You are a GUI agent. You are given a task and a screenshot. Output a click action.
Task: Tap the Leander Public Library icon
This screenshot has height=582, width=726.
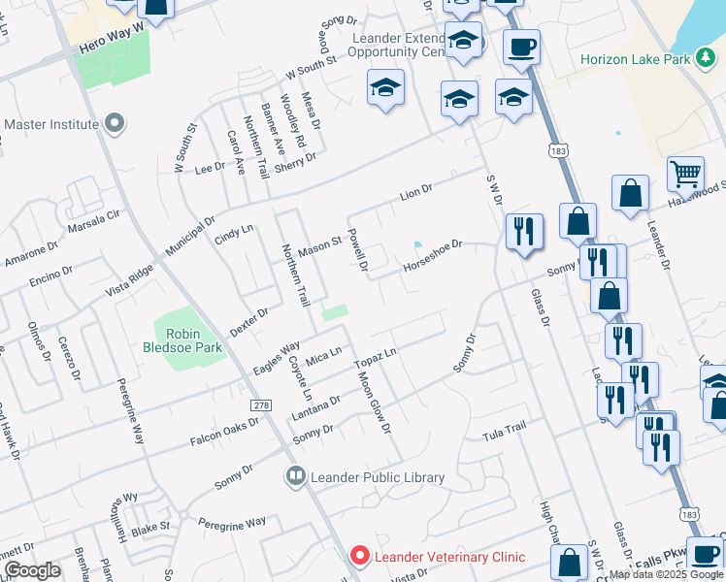(295, 476)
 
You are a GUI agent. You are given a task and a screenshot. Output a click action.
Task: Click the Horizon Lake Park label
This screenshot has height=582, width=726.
(635, 59)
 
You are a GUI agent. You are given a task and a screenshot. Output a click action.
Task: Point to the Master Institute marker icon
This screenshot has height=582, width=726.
(115, 123)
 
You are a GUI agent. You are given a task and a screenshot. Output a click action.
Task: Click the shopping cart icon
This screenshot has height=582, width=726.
(685, 174)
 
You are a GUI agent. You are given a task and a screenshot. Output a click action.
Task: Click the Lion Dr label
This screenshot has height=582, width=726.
(414, 192)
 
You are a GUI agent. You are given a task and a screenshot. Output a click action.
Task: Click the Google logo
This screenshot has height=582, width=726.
(31, 570)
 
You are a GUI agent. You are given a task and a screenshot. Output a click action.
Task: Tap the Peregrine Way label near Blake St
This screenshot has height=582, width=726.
(231, 523)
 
